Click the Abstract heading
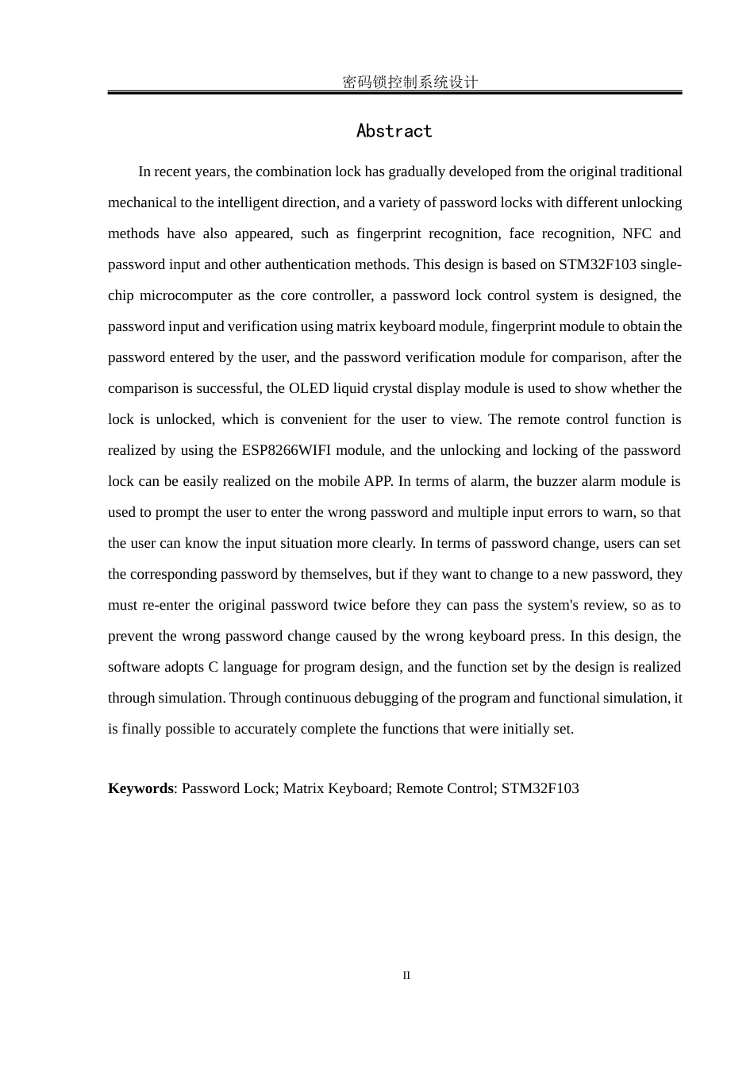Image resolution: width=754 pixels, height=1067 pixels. point(394,131)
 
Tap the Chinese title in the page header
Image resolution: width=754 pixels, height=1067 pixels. point(410,82)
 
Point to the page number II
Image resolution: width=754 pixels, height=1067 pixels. point(406,975)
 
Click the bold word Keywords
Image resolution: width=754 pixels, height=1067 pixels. point(140,788)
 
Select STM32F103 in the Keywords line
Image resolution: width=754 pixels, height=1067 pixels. point(540,788)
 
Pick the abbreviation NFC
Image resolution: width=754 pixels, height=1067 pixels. point(637,233)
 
